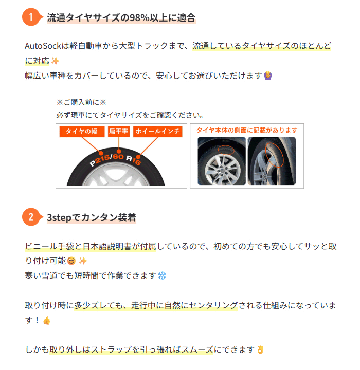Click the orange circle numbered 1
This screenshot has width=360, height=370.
pos(31,17)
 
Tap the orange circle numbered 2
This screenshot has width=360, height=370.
pos(31,217)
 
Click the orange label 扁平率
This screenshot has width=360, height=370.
pos(119,132)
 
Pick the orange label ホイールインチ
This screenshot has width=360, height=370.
pos(157,132)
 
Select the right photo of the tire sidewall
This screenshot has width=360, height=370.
pos(271,161)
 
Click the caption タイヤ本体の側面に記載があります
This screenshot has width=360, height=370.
pos(247,130)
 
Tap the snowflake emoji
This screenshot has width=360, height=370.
pos(162,275)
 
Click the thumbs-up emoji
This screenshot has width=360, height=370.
pos(47,320)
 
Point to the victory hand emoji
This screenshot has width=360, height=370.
pos(260,350)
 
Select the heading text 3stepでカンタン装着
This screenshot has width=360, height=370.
pos(92,217)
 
